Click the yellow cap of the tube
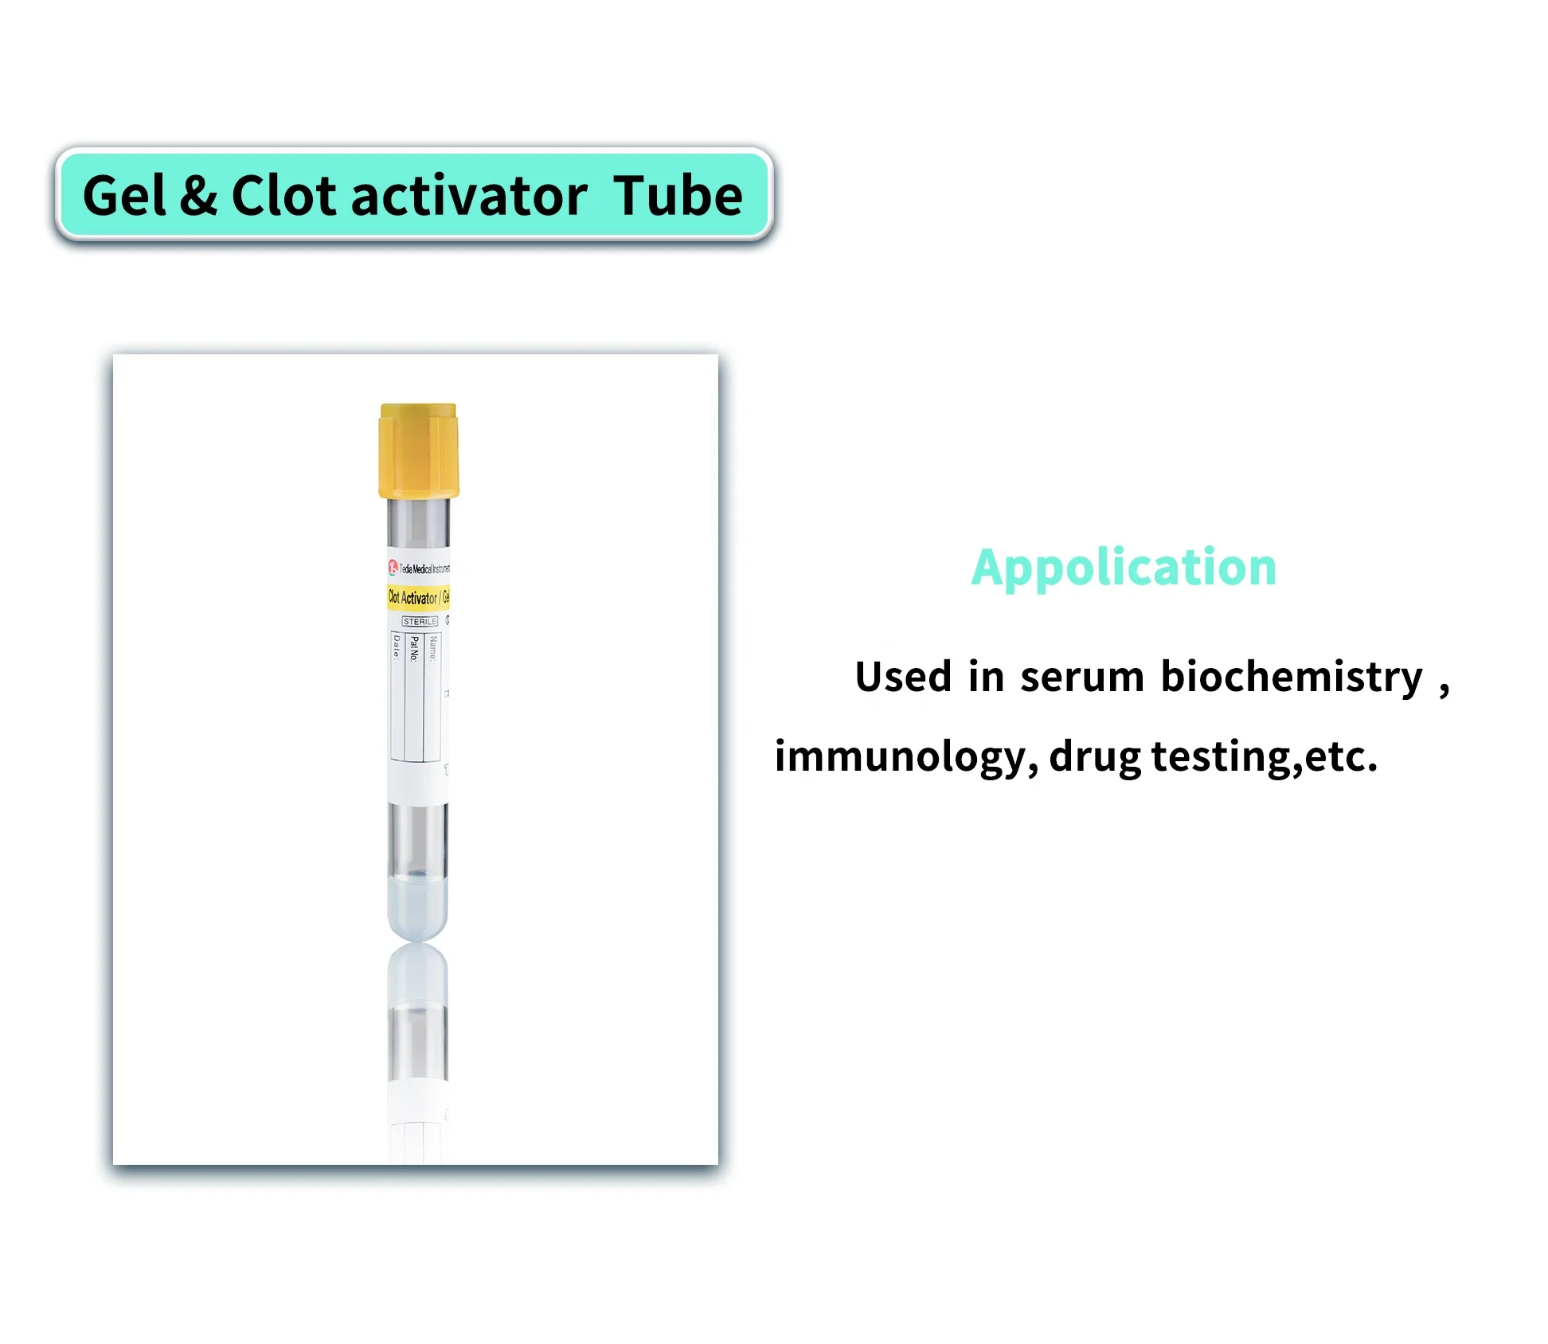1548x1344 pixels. coord(418,450)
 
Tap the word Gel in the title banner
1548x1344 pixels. coord(124,196)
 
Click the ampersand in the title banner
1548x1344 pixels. coord(198,196)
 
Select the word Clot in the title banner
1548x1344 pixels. coord(283,196)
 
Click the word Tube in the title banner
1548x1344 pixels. coord(678,196)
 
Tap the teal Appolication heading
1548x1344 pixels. coord(1124,568)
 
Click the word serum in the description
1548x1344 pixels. coord(1081,677)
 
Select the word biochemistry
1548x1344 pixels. coord(1291,677)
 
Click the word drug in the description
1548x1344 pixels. coord(1095,756)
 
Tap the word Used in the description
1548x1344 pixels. coord(903,677)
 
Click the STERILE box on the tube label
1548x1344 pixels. coord(420,621)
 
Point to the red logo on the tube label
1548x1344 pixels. coord(393,567)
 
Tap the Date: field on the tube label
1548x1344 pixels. coord(397,647)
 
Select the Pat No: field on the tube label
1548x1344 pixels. coord(413,649)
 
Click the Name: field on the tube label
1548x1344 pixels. coord(432,648)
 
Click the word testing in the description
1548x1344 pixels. coord(1221,756)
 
